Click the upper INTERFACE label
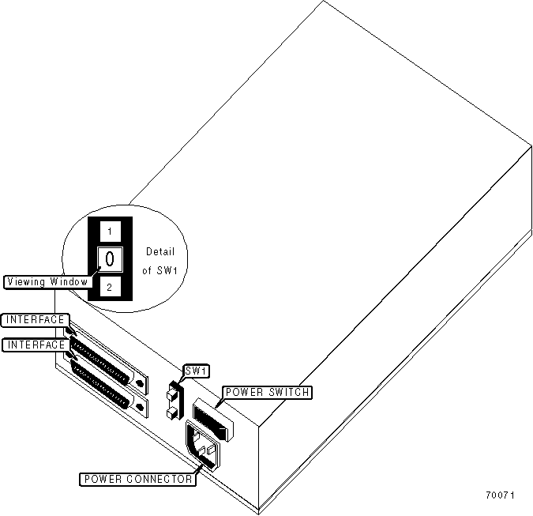point(36,320)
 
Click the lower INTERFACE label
point(36,345)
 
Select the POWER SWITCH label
point(267,392)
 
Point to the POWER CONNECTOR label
point(137,479)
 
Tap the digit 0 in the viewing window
point(110,258)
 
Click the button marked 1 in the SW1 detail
point(110,231)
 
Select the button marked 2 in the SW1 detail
point(110,287)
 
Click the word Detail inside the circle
point(160,252)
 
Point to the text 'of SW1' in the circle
point(160,271)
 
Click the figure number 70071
point(500,496)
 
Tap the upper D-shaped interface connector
point(103,364)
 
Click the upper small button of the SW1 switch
point(171,392)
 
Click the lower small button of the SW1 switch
point(171,412)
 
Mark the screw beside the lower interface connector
point(141,408)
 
